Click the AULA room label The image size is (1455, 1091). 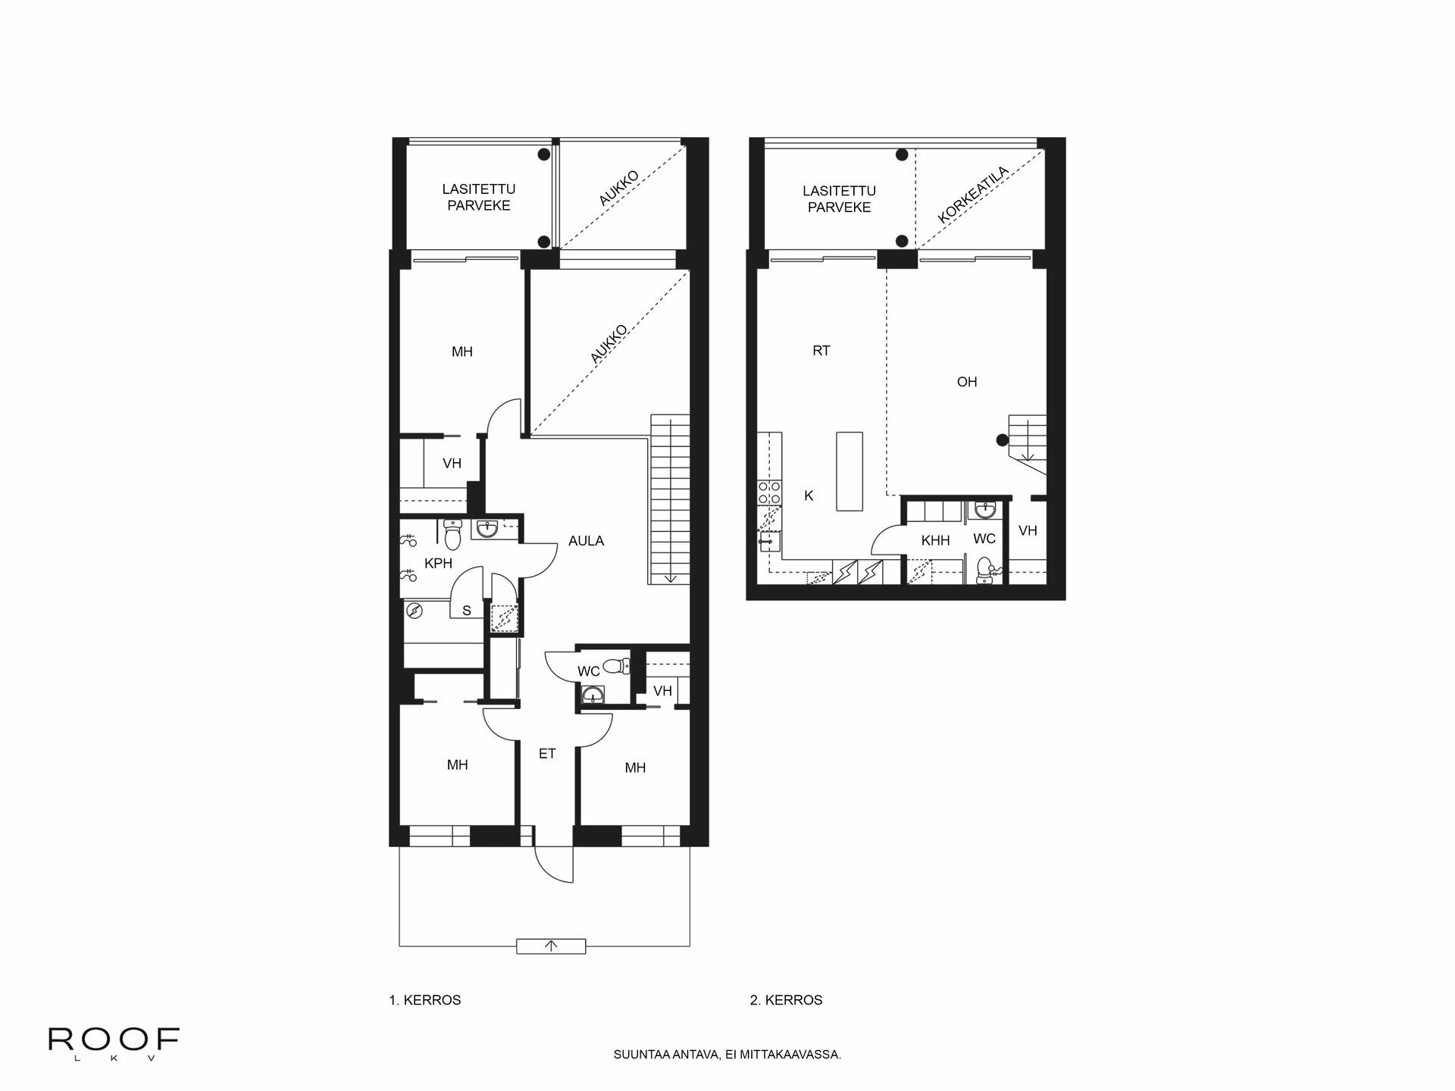tap(586, 541)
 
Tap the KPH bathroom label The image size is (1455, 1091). tap(438, 564)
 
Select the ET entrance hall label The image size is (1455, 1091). tap(547, 754)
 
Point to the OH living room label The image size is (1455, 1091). tap(967, 382)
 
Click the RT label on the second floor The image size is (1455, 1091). tap(821, 351)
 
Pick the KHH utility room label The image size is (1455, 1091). tap(935, 541)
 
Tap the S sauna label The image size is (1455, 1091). tap(467, 611)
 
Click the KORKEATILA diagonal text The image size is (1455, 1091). tap(973, 195)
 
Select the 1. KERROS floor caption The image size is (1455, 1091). tap(424, 1000)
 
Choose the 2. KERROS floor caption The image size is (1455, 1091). tap(786, 1000)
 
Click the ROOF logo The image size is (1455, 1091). tap(114, 1040)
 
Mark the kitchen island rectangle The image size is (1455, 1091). tap(850, 470)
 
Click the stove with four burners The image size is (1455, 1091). tap(770, 493)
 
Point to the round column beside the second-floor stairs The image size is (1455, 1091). tap(1002, 439)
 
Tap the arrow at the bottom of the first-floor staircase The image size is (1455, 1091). tap(670, 577)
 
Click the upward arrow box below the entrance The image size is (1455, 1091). tap(551, 946)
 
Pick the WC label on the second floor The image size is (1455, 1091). tap(984, 539)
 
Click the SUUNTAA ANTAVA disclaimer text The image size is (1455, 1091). tap(727, 1055)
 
